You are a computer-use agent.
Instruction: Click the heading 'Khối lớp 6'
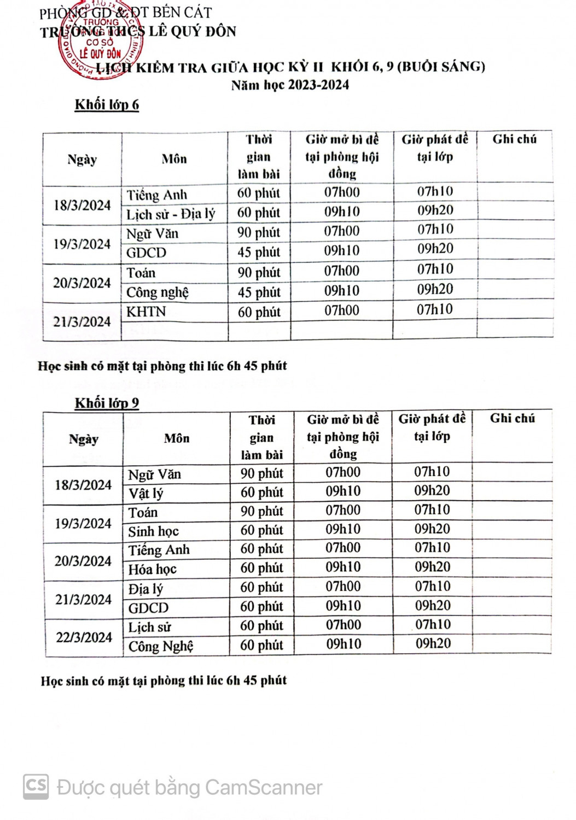click(107, 104)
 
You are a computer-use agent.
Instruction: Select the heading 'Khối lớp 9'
click(107, 403)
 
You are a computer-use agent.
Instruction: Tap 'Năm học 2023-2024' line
click(290, 85)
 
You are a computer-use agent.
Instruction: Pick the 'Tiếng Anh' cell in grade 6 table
click(157, 195)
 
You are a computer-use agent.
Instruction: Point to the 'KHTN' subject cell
click(146, 312)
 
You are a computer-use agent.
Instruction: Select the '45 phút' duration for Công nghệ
click(259, 292)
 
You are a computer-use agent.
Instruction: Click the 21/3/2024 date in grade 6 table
click(82, 321)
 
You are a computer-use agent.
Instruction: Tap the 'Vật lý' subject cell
click(146, 494)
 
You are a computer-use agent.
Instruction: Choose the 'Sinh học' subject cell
click(153, 531)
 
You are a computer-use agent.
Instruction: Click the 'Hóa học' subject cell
click(152, 569)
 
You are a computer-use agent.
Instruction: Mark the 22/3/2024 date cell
click(84, 637)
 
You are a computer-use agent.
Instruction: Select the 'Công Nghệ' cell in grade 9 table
click(160, 646)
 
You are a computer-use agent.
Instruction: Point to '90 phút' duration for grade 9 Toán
click(261, 512)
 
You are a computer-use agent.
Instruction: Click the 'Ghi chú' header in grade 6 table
click(514, 139)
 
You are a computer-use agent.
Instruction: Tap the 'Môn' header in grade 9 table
click(177, 438)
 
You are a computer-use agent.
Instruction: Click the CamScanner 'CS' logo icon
click(36, 787)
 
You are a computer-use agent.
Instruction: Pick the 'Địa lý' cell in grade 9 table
click(146, 589)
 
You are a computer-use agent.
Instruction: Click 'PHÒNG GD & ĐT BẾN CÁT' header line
click(126, 13)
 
